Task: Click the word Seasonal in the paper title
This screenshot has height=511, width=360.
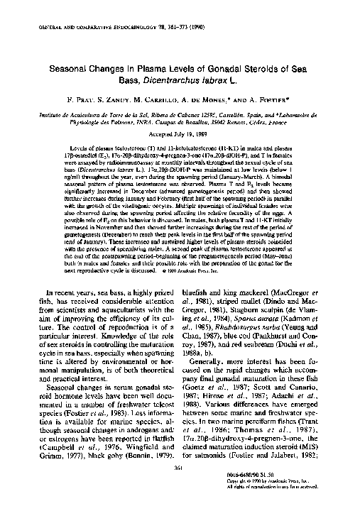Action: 72,63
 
